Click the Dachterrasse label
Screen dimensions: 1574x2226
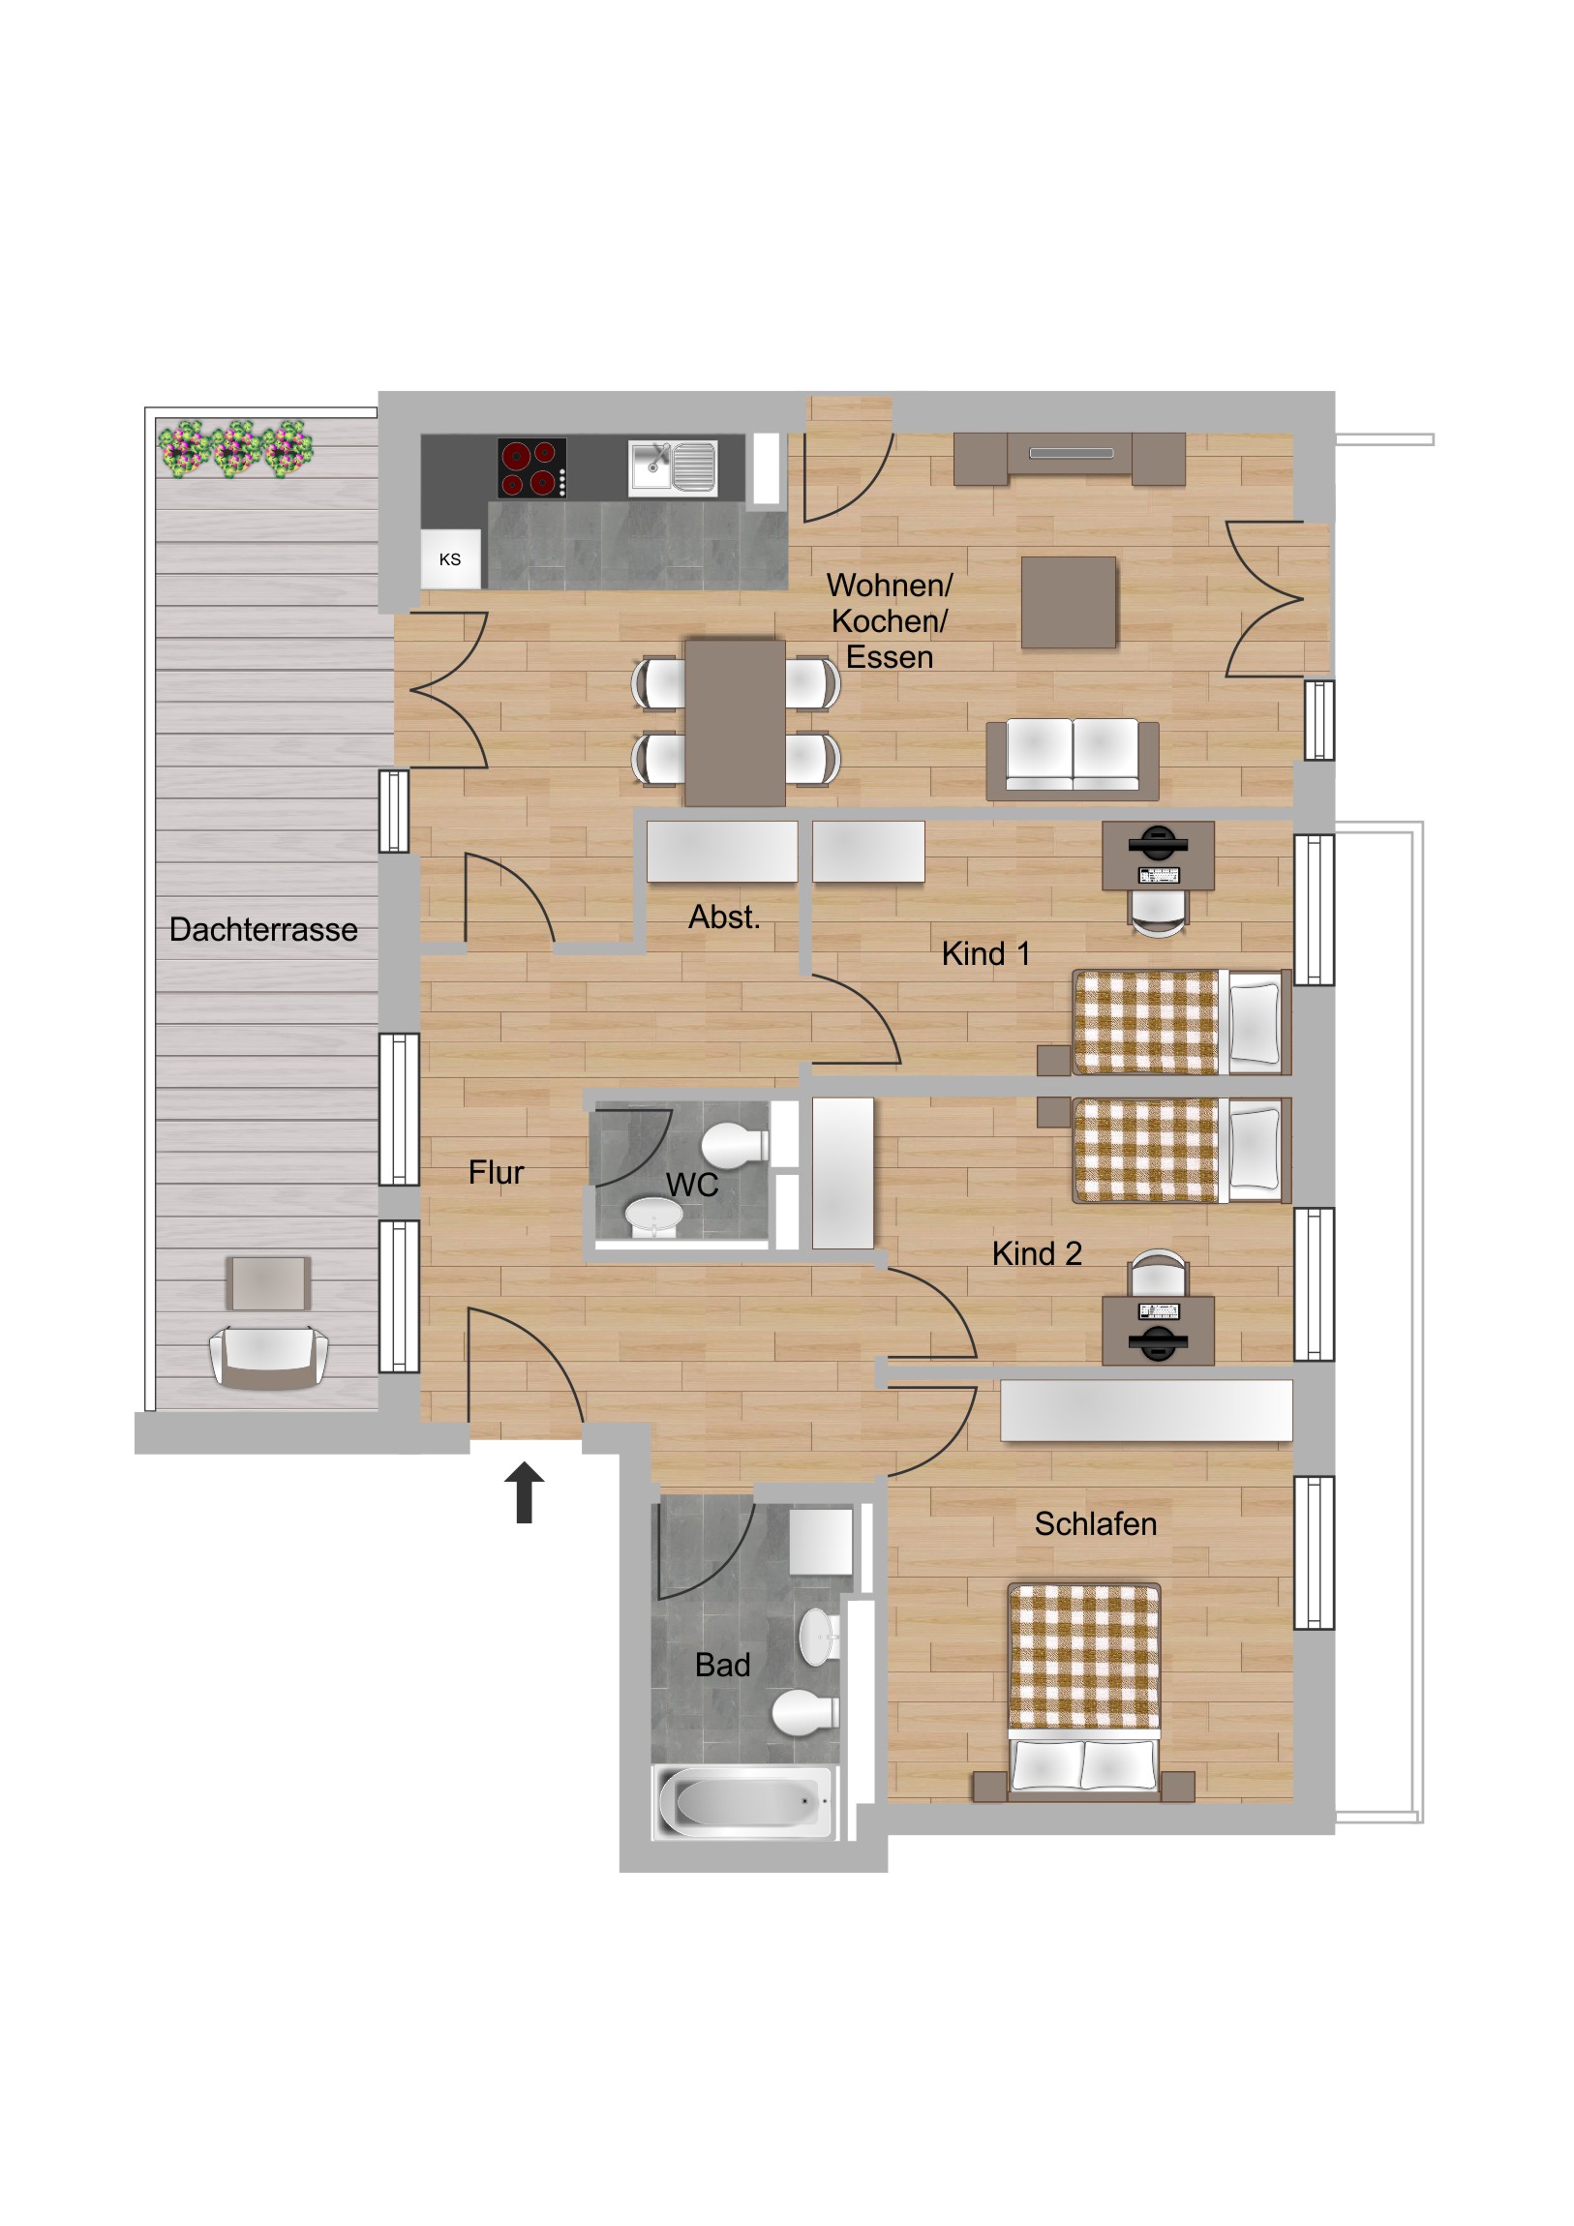coord(263,930)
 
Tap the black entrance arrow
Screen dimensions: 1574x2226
coord(524,1492)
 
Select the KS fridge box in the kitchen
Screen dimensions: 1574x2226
coord(450,559)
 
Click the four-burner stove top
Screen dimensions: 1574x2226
coord(532,467)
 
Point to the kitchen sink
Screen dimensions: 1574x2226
coord(672,468)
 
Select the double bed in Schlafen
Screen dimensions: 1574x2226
coord(1084,1692)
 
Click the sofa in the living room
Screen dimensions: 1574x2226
coord(1073,759)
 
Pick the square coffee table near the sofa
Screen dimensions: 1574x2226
coord(1069,602)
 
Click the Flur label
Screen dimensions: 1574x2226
coord(496,1172)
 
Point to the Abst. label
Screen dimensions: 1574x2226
coord(724,917)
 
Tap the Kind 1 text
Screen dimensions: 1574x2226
coord(985,954)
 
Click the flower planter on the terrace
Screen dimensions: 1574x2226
coord(235,449)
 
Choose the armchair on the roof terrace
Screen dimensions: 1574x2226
coord(269,1358)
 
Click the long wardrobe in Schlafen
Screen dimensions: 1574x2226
coord(1146,1411)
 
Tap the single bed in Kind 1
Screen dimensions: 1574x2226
coord(1182,1022)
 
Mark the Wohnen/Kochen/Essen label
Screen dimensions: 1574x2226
coord(890,620)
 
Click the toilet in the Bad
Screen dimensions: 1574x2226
coord(805,1711)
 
